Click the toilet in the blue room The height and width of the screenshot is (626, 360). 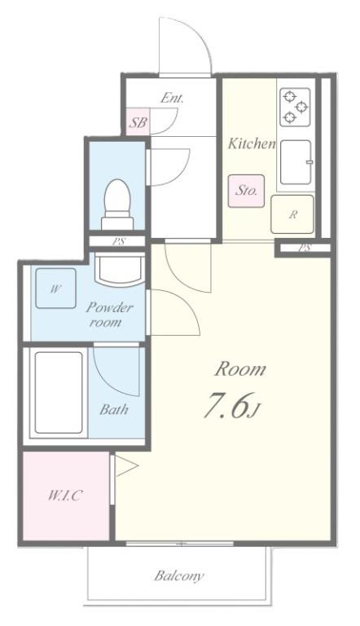(x=117, y=205)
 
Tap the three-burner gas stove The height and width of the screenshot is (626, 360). (x=295, y=107)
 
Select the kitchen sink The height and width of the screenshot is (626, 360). (x=296, y=161)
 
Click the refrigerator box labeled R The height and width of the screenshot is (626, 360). (x=292, y=214)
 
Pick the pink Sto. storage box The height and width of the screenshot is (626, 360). (x=246, y=191)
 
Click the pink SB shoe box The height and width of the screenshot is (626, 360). (x=138, y=121)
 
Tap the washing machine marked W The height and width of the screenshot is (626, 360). (x=55, y=289)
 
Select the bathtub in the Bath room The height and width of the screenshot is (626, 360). (x=59, y=392)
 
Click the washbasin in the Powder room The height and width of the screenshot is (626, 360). (x=120, y=268)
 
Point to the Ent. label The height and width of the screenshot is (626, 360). (x=172, y=98)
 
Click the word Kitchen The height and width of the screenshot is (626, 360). (x=252, y=143)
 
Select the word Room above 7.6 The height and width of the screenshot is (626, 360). (x=240, y=369)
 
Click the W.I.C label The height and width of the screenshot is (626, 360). (x=65, y=496)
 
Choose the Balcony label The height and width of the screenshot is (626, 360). (x=179, y=575)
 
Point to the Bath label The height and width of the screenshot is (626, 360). (x=114, y=409)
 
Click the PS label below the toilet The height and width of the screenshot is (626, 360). (x=118, y=241)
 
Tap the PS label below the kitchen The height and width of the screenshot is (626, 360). (x=305, y=248)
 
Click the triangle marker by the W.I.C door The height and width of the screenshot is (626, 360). (x=126, y=465)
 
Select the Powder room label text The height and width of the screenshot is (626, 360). (x=109, y=315)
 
